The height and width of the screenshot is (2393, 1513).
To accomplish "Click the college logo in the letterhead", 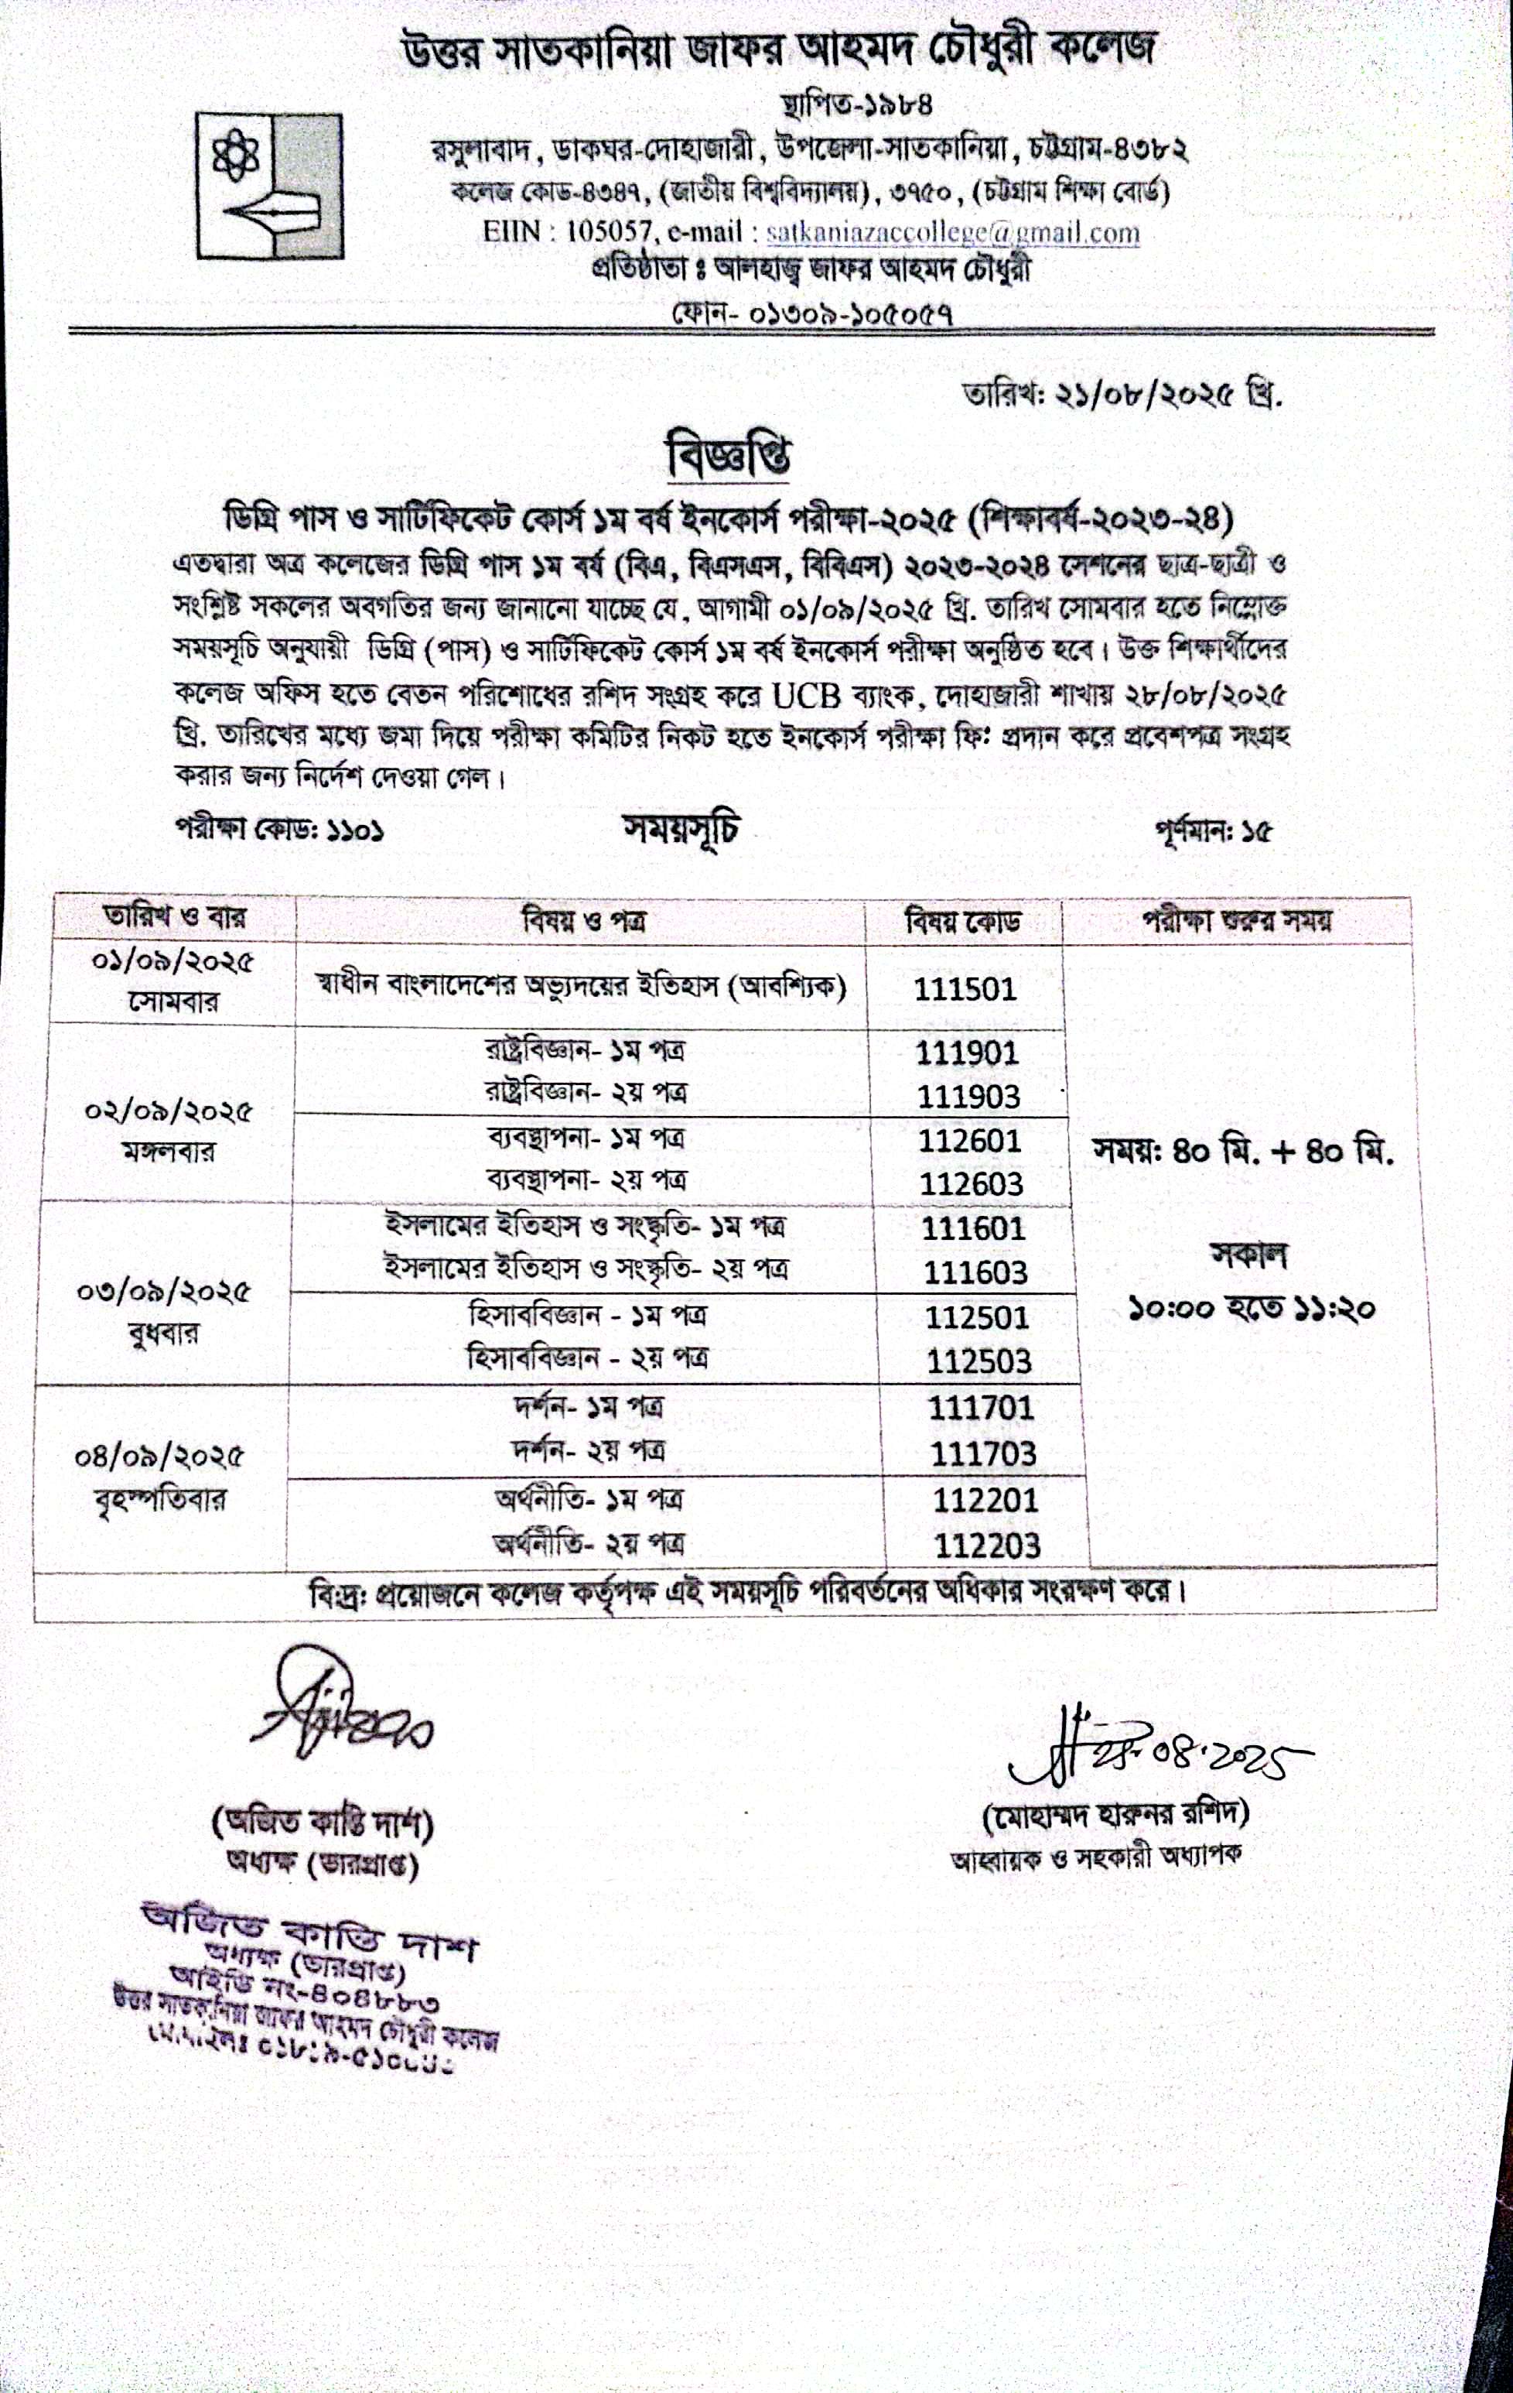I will click(x=270, y=185).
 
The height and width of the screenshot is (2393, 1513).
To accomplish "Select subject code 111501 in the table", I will click(x=965, y=989).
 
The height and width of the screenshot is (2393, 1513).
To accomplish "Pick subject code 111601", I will click(x=972, y=1228).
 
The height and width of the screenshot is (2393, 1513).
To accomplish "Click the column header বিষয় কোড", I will click(x=961, y=923).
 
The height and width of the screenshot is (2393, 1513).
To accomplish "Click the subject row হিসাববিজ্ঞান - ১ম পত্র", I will click(x=587, y=1316).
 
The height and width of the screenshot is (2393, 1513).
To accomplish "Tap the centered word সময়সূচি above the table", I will click(x=681, y=830).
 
